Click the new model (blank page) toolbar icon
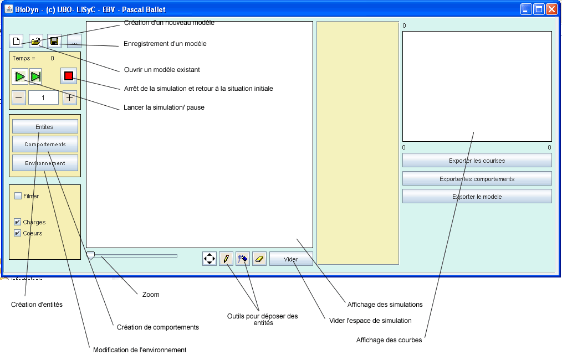coord(17,42)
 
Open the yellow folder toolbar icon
coord(36,42)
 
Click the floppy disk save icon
coord(54,42)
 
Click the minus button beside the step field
coord(19,98)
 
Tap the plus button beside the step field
coord(69,98)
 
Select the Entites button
coord(45,127)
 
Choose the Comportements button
coord(45,145)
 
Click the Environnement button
coord(45,163)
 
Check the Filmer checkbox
coord(18,196)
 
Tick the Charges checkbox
coord(18,222)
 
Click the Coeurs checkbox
coord(18,233)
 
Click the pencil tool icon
coord(226,259)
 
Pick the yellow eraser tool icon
coord(259,259)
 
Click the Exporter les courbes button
coord(477,161)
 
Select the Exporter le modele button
coord(477,197)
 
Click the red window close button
coord(551,9)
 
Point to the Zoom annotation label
coord(151,295)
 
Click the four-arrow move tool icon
coord(210,259)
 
